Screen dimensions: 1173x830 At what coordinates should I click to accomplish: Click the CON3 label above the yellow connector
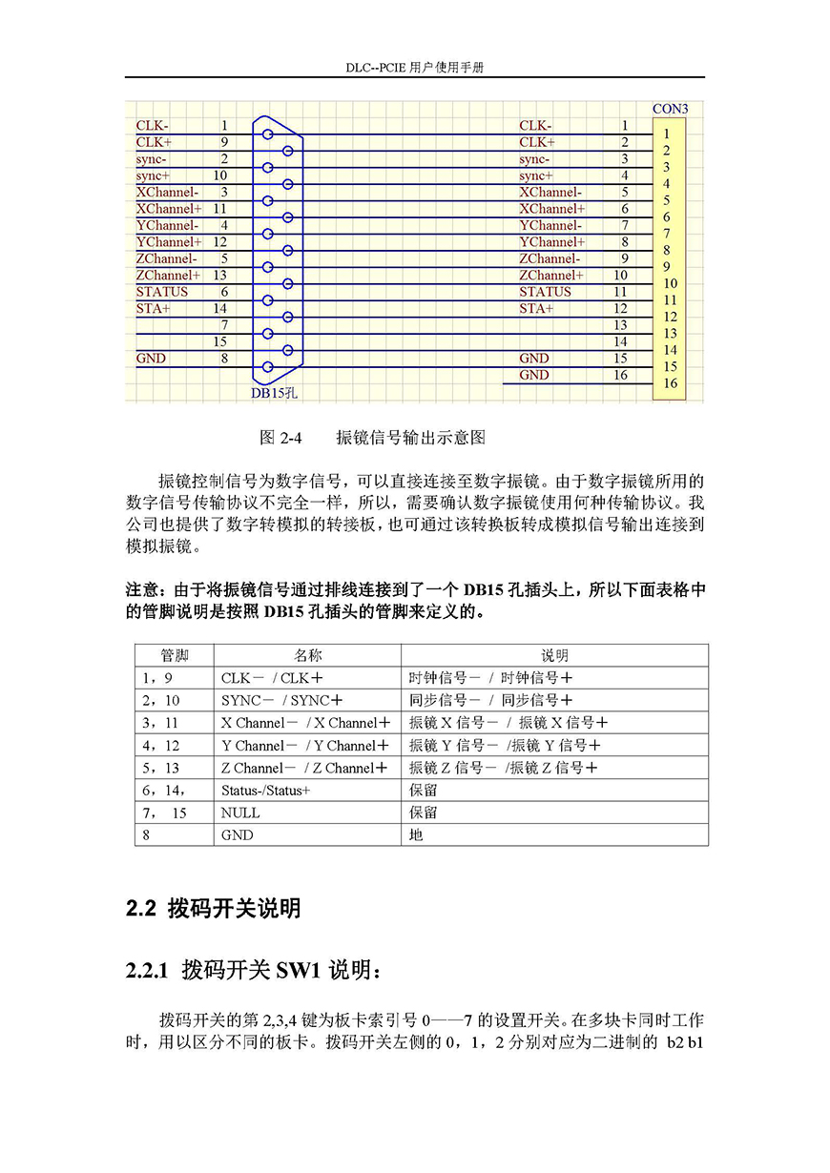(x=670, y=109)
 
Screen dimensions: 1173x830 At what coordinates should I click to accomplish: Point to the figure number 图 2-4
(x=280, y=438)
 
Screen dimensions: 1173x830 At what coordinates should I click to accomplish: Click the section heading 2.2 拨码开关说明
(x=214, y=908)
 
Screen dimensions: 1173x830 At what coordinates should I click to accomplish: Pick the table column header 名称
(x=307, y=655)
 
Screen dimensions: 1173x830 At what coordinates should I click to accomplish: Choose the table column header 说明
(x=554, y=655)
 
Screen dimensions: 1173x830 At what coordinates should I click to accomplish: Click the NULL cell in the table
(x=239, y=813)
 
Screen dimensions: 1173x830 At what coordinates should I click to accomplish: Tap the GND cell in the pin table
(x=237, y=834)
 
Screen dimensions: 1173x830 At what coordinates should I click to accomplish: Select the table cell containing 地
(x=416, y=834)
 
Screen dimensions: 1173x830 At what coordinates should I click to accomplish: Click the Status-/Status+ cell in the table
(x=266, y=791)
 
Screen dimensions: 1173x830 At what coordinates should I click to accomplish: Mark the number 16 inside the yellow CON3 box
(x=670, y=383)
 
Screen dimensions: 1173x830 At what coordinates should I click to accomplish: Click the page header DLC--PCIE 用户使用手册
(x=414, y=69)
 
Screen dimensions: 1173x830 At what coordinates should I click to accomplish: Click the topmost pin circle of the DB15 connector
(x=268, y=134)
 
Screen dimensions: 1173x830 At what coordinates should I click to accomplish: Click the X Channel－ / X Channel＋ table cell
(x=304, y=723)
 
